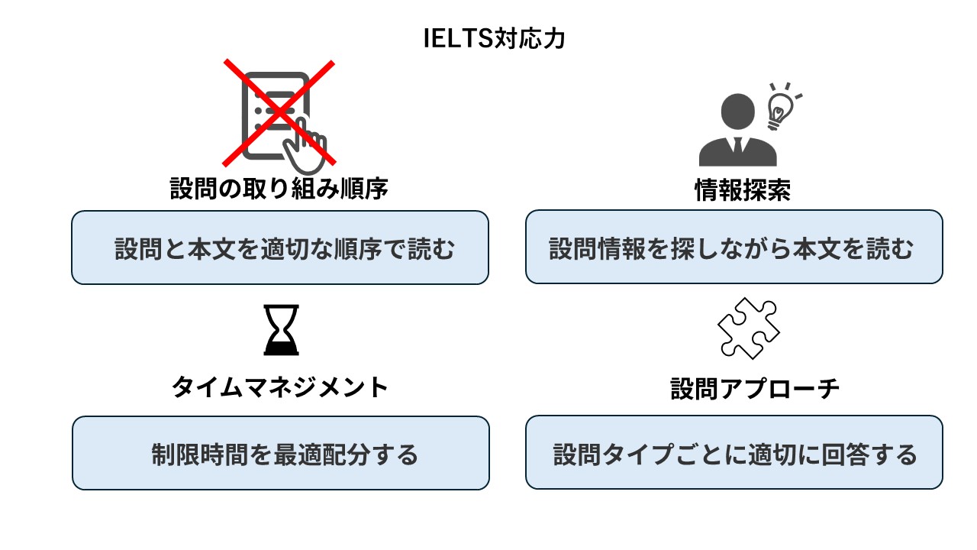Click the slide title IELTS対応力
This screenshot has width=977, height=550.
[x=495, y=39]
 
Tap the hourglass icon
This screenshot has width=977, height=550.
[x=281, y=330]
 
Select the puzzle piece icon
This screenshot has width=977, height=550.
[x=748, y=328]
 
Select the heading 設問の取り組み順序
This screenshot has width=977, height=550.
[x=279, y=189]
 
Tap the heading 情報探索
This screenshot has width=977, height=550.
[x=742, y=190]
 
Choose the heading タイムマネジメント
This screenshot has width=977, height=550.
[x=279, y=387]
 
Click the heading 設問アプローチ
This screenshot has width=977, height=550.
[x=755, y=389]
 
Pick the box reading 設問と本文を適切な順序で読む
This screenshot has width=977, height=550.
[x=279, y=247]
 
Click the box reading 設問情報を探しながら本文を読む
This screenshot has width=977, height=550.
[x=734, y=247]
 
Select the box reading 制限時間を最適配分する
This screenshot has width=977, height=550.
[x=280, y=453]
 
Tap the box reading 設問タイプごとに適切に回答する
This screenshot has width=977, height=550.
[x=734, y=453]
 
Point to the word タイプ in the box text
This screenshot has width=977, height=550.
[x=640, y=455]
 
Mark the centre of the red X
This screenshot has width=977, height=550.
[x=279, y=112]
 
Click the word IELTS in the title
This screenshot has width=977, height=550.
[x=455, y=39]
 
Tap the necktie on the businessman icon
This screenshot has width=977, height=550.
[x=738, y=144]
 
